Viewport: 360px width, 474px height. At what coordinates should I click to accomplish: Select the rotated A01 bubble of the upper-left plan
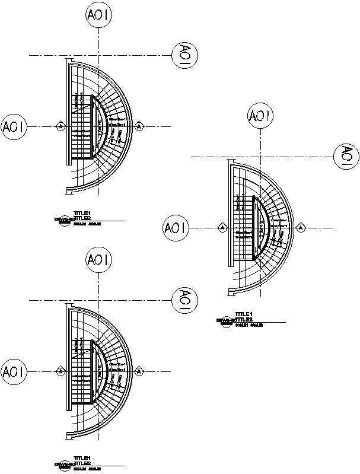[x=184, y=55]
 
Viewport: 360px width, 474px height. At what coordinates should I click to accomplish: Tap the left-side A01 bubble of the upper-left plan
[x=13, y=126]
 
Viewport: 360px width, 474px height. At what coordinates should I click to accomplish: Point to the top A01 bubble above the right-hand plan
[x=260, y=116]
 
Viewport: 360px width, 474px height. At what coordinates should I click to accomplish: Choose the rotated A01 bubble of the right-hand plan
[x=346, y=156]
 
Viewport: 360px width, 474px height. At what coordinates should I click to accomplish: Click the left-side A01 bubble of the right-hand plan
[x=175, y=228]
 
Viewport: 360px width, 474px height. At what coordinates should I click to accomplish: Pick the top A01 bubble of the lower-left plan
[x=98, y=260]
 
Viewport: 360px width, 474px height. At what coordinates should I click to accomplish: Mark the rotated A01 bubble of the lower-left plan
[x=184, y=300]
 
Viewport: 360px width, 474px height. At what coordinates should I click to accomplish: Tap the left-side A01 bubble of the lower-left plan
[x=13, y=372]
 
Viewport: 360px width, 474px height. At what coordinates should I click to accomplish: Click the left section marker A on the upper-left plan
[x=60, y=126]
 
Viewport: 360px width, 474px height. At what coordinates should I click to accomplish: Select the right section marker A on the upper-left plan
[x=139, y=126]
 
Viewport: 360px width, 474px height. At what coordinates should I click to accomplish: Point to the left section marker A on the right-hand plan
[x=222, y=228]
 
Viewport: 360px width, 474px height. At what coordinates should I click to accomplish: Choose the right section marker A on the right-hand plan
[x=301, y=228]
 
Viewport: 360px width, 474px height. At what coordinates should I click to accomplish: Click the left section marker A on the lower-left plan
[x=60, y=372]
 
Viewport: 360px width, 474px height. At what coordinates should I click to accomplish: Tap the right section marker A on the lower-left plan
[x=139, y=372]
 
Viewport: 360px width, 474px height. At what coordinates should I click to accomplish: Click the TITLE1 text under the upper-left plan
[x=82, y=214]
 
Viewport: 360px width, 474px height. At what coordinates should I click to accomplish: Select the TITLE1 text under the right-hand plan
[x=244, y=314]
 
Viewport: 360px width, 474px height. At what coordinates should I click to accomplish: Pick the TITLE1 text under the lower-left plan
[x=82, y=459]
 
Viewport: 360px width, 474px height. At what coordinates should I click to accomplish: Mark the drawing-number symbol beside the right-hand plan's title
[x=225, y=322]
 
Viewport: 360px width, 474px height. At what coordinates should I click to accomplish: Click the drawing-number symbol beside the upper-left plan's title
[x=63, y=220]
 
